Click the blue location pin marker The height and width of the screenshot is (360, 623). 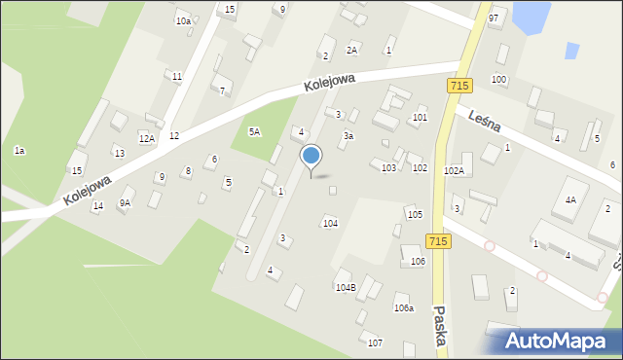pos(311,156)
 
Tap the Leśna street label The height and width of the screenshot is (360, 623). pos(483,120)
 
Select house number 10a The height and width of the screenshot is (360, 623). pos(182,20)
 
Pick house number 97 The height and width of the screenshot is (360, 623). pos(494,18)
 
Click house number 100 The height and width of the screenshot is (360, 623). pos(499,79)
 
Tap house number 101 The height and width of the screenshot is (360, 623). pos(420,117)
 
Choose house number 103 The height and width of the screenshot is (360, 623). pos(388,168)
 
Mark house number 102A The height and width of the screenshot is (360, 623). pos(454,170)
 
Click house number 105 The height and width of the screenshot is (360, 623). pos(415,214)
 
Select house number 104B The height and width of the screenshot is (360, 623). pos(346,288)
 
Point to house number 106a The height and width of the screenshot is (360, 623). pos(403,307)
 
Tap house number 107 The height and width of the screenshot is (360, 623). pos(375,342)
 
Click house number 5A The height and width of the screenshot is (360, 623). pos(255,131)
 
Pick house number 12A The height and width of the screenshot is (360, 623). pos(146,139)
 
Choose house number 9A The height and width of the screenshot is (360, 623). pos(125,202)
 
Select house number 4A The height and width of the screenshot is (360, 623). pos(570,199)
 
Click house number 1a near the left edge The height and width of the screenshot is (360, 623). pos(18,151)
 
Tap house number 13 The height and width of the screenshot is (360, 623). pos(119,154)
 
